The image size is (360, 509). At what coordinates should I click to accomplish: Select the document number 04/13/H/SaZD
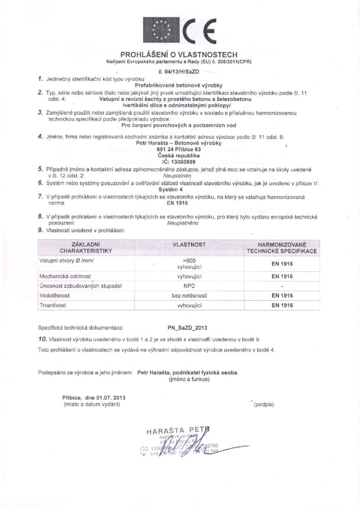click(182, 73)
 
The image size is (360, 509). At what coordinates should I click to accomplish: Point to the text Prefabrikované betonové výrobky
click(182, 86)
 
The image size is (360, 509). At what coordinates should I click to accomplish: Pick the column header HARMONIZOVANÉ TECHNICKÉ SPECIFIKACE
click(282, 248)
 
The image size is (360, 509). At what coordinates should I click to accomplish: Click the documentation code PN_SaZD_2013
click(187, 329)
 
